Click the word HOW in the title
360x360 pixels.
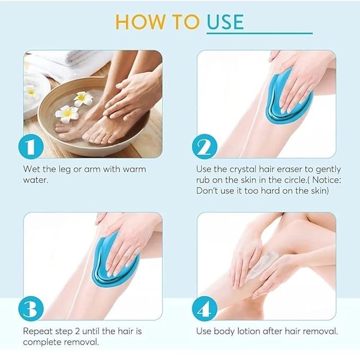(141, 22)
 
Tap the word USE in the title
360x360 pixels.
(225, 22)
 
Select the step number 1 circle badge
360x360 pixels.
(31, 147)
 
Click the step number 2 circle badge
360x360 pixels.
(205, 147)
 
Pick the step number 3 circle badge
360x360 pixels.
(31, 309)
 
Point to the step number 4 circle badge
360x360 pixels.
(205, 309)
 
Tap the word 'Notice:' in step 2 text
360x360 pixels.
(327, 180)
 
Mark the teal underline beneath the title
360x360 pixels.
(260, 33)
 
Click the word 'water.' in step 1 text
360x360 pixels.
(36, 180)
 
